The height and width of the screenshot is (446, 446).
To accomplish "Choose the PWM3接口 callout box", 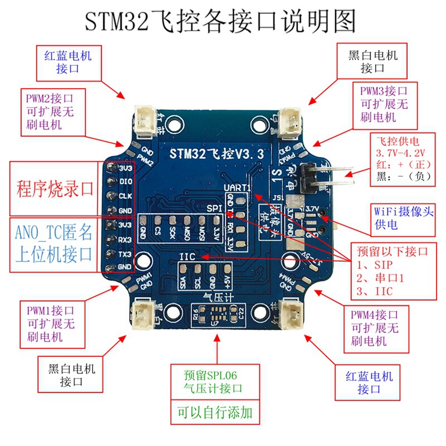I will [384, 103].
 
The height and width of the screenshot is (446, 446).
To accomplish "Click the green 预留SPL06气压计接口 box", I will [214, 381].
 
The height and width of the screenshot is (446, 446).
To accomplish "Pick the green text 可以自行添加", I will [214, 413].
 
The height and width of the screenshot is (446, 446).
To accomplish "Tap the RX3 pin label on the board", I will [125, 240].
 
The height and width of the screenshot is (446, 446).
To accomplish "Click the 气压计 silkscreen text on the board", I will [217, 297].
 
